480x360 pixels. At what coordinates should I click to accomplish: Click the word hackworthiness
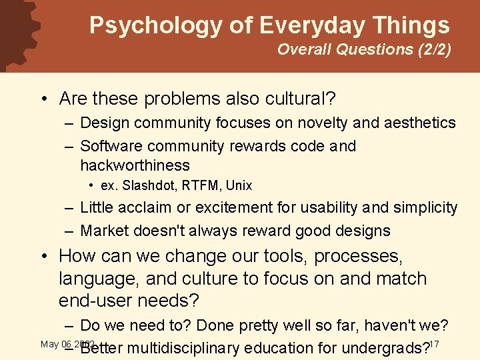(x=135, y=165)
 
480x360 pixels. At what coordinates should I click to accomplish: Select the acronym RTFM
(x=194, y=185)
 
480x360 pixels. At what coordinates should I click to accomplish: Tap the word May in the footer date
(x=49, y=344)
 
